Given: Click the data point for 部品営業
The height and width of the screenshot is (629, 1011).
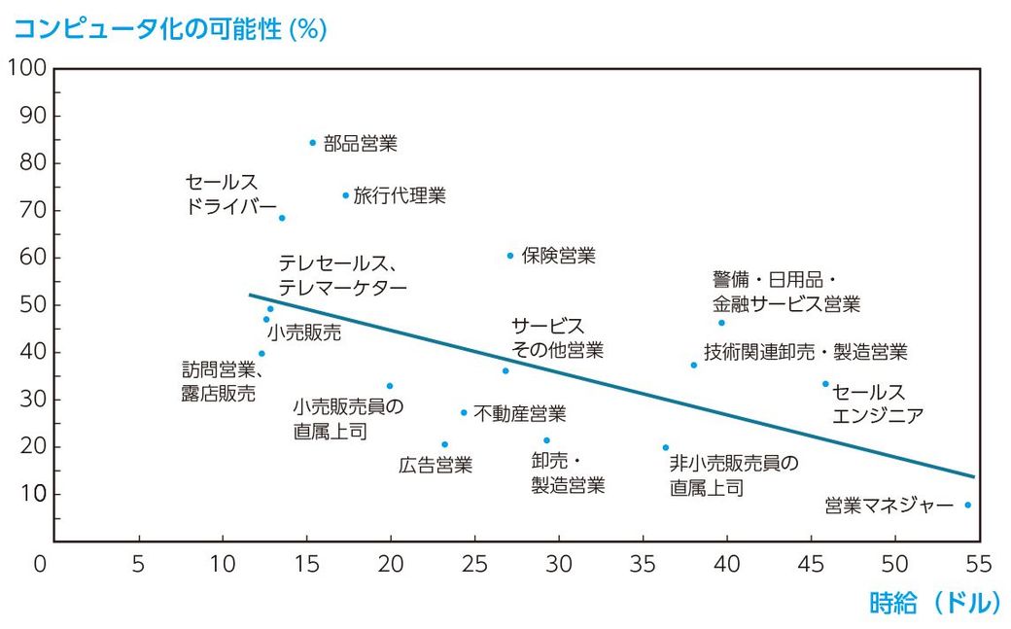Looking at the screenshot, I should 313,142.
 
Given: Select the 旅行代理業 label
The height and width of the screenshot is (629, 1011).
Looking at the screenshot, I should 399,195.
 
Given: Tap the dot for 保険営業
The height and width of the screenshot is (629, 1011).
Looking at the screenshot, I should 509,256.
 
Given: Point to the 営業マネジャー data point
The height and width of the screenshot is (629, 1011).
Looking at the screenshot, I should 967,505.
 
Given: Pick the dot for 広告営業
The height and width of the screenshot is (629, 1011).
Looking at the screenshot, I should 444,444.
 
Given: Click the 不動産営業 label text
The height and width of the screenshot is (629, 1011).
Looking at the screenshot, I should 519,413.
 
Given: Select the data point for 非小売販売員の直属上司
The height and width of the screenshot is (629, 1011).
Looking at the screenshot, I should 665,447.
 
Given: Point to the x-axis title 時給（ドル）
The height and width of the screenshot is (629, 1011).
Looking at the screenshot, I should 933,603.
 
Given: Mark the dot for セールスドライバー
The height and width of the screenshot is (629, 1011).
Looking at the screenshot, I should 282,218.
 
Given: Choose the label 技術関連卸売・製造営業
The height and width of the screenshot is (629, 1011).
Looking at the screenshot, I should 805,352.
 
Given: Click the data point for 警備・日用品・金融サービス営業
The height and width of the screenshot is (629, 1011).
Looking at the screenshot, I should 721,323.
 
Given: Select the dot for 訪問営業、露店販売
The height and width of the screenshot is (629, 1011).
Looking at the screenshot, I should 261,354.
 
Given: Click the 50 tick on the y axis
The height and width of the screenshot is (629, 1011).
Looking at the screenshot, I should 32,305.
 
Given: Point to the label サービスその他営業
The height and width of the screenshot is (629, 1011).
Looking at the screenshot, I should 557,337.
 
